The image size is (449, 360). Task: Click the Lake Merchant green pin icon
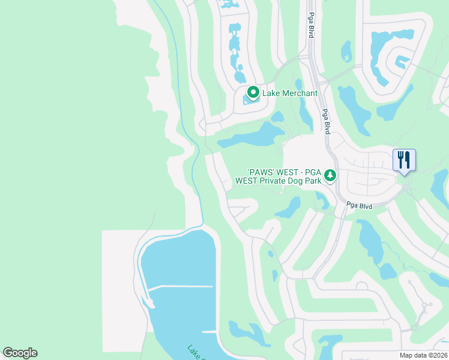coord(253,92)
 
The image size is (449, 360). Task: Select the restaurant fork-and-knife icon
coord(404,160)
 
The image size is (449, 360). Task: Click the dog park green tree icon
coord(330,175)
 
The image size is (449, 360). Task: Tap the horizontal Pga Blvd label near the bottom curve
coord(359,206)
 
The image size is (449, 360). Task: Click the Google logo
coord(20,353)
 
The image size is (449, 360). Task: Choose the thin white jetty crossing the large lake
coord(180,286)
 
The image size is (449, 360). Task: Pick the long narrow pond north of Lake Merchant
coord(235,51)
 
